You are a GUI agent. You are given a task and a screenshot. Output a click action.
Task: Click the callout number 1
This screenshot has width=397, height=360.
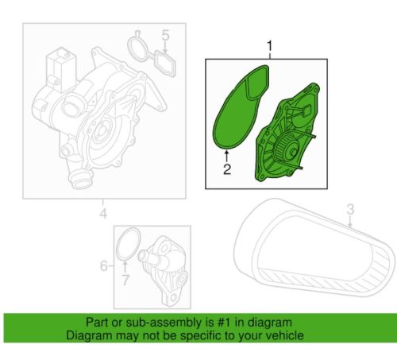(269, 46)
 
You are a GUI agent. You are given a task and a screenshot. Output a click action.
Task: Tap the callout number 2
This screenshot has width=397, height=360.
(227, 169)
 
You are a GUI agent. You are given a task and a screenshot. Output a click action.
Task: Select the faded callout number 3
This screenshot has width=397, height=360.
(350, 209)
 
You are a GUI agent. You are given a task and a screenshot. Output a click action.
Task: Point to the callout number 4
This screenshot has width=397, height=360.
(103, 214)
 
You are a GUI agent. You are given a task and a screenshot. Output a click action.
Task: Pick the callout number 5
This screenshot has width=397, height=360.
(165, 36)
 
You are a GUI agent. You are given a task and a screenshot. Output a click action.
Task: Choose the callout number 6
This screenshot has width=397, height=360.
(104, 265)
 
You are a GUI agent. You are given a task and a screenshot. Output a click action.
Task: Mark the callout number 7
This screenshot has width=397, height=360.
(125, 280)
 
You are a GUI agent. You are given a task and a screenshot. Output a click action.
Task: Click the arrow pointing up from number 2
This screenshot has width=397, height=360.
(227, 156)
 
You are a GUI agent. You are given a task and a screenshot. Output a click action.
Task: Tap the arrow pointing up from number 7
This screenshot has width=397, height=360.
(125, 267)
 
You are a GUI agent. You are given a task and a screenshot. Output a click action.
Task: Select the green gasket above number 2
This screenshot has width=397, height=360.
(241, 108)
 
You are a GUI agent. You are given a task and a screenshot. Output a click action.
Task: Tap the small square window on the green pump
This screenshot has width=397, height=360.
(306, 110)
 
